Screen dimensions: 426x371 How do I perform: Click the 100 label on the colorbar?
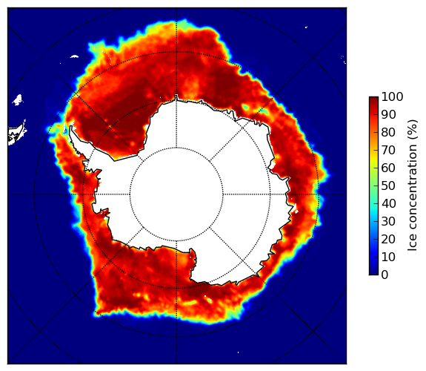point(392,96)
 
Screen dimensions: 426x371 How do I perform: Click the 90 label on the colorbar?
point(388,114)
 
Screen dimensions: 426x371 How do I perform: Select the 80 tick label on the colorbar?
point(388,132)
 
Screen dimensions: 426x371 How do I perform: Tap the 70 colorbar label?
point(388,150)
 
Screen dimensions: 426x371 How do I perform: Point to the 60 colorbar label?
point(388,168)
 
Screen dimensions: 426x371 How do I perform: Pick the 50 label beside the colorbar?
point(388,186)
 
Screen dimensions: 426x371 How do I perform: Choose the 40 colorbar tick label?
point(388,203)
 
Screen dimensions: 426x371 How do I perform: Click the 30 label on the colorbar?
point(388,222)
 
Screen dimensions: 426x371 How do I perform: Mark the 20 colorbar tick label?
point(388,239)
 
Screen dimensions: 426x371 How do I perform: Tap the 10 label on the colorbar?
point(388,257)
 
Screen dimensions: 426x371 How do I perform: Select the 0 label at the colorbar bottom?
point(385,275)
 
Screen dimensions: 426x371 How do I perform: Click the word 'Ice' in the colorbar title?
point(412,243)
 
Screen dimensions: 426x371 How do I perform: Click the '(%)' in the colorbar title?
point(412,130)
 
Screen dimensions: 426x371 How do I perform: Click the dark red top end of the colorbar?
point(373,99)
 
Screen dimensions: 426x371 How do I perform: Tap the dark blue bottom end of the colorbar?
point(373,273)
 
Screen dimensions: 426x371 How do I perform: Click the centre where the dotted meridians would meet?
point(176,194)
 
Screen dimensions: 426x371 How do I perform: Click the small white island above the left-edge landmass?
point(18,99)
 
